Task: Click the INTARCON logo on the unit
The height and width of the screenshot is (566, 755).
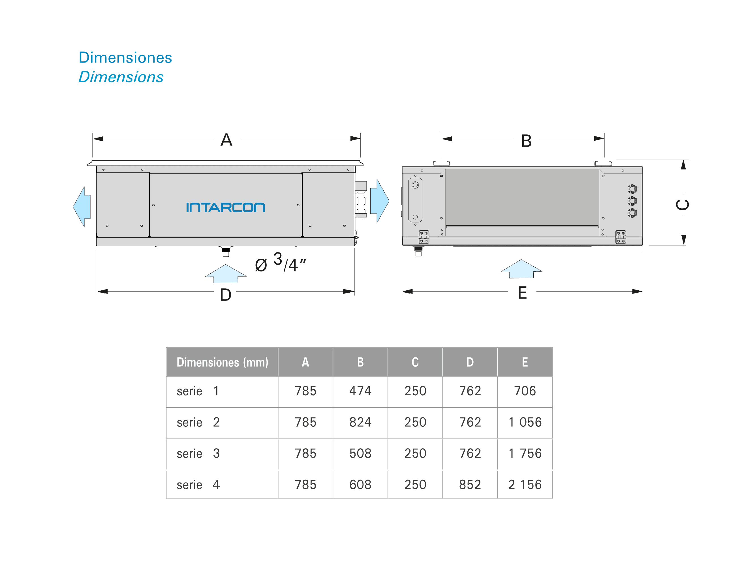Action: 225,207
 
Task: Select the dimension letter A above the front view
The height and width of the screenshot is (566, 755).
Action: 226,140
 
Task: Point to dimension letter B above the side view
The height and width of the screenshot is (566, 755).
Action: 526,141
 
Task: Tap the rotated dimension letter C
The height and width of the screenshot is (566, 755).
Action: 683,204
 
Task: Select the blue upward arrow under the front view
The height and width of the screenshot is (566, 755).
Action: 225,274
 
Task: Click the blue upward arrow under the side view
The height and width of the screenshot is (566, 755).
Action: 521,269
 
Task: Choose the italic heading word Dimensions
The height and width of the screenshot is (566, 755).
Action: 121,77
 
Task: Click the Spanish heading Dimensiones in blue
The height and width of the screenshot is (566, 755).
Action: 125,58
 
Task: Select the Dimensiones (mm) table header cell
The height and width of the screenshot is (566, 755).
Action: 222,362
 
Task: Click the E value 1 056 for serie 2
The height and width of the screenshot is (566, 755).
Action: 525,422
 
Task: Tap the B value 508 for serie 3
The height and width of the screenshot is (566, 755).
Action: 360,453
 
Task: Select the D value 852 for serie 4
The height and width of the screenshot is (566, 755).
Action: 470,485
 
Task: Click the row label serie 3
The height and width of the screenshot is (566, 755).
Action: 198,454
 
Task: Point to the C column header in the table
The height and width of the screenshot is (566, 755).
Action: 415,362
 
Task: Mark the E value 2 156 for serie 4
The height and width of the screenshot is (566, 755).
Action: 525,485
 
